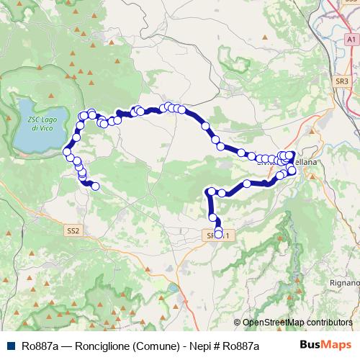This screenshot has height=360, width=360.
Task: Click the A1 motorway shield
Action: [351, 40]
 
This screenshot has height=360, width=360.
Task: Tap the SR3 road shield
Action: [342, 82]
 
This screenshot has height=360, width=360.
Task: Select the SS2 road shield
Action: [73, 231]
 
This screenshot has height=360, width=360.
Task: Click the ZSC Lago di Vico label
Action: [37, 123]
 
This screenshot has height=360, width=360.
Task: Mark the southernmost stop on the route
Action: [219, 234]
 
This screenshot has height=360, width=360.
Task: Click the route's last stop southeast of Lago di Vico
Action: [95, 187]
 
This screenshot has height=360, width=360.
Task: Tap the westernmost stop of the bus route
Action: [68, 152]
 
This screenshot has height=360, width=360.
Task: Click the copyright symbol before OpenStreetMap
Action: [237, 323]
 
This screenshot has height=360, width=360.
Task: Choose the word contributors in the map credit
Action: [328, 323]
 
